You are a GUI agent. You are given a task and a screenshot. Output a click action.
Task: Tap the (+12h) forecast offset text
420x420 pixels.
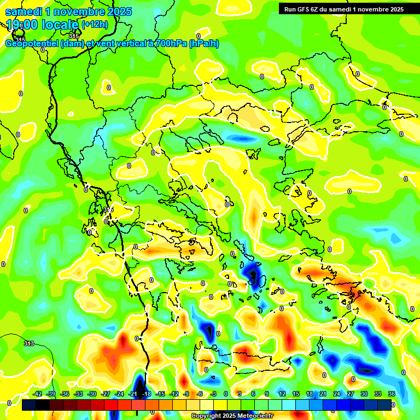[x=95, y=25]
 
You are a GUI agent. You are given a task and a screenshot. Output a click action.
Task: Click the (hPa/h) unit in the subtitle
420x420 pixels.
[x=204, y=44]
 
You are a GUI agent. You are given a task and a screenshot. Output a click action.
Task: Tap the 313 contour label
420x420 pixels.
[x=29, y=343]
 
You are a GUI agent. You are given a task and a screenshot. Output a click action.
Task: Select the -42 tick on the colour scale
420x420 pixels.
[x=38, y=394]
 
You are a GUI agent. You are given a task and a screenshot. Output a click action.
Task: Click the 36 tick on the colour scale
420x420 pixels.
[x=392, y=394]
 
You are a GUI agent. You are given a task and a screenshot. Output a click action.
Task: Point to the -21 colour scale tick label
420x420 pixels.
[x=132, y=394]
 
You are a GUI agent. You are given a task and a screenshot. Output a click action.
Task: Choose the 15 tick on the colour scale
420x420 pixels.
[x=296, y=394]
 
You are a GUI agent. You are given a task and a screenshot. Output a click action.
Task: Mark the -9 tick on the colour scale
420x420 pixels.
[x=186, y=394]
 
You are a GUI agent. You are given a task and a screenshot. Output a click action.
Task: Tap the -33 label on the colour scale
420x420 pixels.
[x=78, y=394]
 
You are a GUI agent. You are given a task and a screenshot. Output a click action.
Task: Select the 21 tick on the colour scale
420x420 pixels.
[x=323, y=394]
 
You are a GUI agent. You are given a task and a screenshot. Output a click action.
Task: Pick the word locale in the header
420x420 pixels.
[x=61, y=25]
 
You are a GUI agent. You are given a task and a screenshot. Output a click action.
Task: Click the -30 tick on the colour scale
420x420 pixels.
[x=92, y=394]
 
